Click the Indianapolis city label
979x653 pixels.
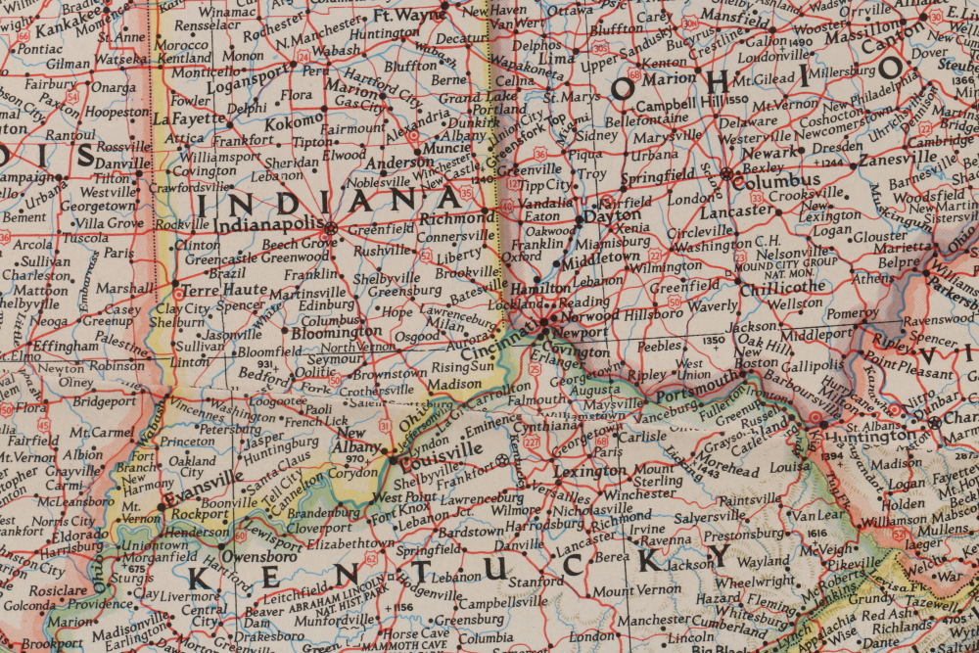pyautogui.click(x=269, y=225)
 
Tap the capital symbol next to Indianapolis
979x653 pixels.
pyautogui.click(x=331, y=228)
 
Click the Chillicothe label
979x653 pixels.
pyautogui.click(x=782, y=287)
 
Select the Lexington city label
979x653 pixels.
pyautogui.click(x=588, y=471)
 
